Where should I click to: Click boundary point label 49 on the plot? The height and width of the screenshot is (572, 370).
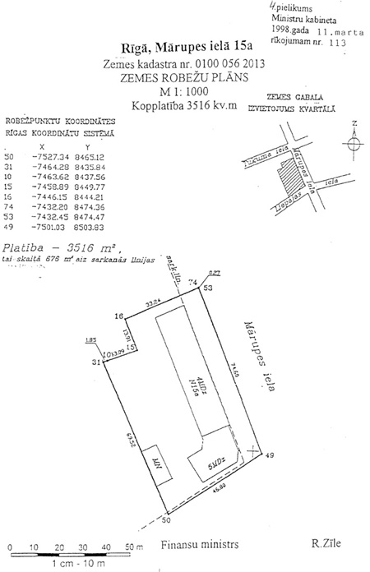tap(270, 454)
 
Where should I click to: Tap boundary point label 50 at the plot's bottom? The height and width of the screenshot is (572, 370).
tap(165, 519)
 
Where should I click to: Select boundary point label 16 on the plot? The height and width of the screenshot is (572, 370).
tap(118, 316)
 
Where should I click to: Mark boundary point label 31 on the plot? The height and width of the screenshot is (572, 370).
tap(95, 362)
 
